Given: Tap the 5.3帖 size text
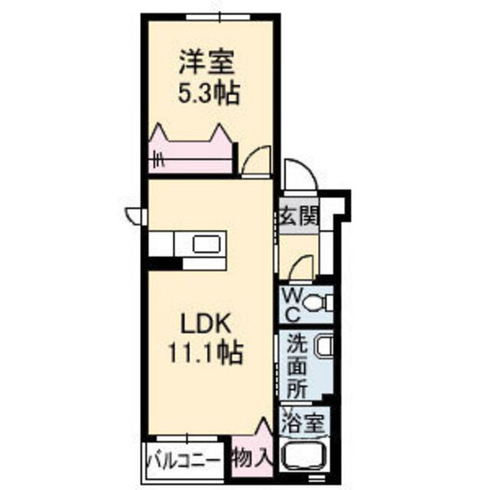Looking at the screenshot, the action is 209,93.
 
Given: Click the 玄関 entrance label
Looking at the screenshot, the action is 299,217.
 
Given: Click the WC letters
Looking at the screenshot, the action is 292,305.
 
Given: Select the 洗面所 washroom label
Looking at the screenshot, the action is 297,367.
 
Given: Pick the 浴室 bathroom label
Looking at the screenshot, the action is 302,423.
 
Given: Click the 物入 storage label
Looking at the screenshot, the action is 252,459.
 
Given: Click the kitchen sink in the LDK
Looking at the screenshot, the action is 207,243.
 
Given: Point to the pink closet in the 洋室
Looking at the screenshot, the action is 191,151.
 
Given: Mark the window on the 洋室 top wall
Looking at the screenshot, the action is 220,16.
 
